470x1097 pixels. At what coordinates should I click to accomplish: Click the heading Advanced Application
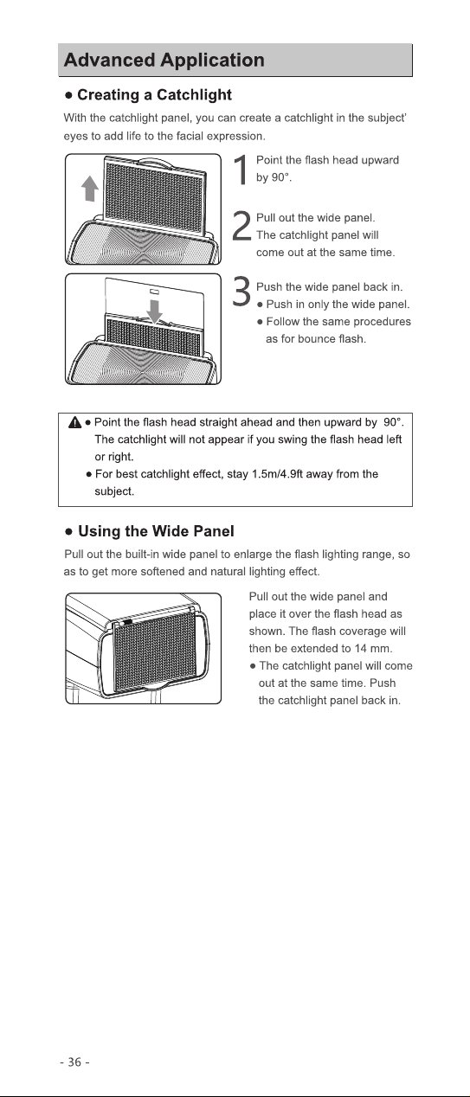pyautogui.click(x=164, y=61)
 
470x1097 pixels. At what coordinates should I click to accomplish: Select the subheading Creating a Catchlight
pyautogui.click(x=154, y=95)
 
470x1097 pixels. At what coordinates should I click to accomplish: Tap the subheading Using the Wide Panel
pyautogui.click(x=156, y=531)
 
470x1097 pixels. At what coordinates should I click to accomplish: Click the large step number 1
pyautogui.click(x=241, y=170)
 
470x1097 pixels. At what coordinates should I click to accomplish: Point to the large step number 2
pyautogui.click(x=241, y=226)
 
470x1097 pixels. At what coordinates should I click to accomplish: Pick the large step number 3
pyautogui.click(x=241, y=292)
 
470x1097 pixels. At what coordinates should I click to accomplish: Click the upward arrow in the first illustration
pyautogui.click(x=90, y=189)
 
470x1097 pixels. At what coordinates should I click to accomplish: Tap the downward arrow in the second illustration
pyautogui.click(x=155, y=311)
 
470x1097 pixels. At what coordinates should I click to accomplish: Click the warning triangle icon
pyautogui.click(x=75, y=422)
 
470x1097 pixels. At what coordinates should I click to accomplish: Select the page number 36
pyautogui.click(x=74, y=1062)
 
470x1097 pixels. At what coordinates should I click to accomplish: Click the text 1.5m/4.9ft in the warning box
pyautogui.click(x=277, y=474)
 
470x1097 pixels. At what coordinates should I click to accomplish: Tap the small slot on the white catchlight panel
pyautogui.click(x=154, y=292)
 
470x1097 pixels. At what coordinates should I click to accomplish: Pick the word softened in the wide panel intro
pyautogui.click(x=164, y=572)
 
